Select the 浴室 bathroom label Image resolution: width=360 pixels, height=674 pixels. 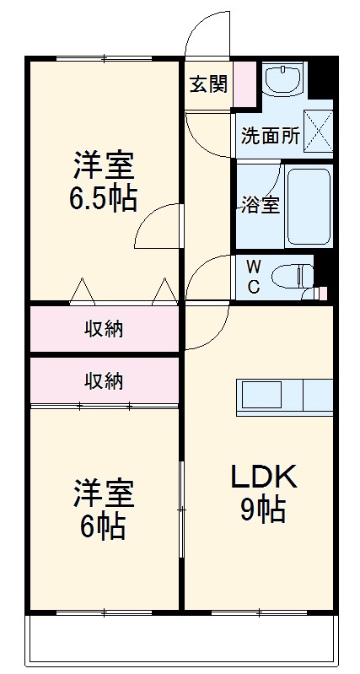click(x=259, y=205)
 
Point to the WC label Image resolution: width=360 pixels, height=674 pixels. click(x=253, y=275)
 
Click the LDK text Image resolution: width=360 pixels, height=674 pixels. click(x=264, y=478)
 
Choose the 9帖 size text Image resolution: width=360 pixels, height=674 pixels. click(x=263, y=511)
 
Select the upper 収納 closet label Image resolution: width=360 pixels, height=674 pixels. click(x=104, y=329)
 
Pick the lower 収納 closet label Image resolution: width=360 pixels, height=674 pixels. click(x=104, y=380)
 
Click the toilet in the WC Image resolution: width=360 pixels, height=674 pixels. click(x=296, y=275)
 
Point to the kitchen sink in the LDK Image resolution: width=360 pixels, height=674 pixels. click(x=269, y=395)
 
